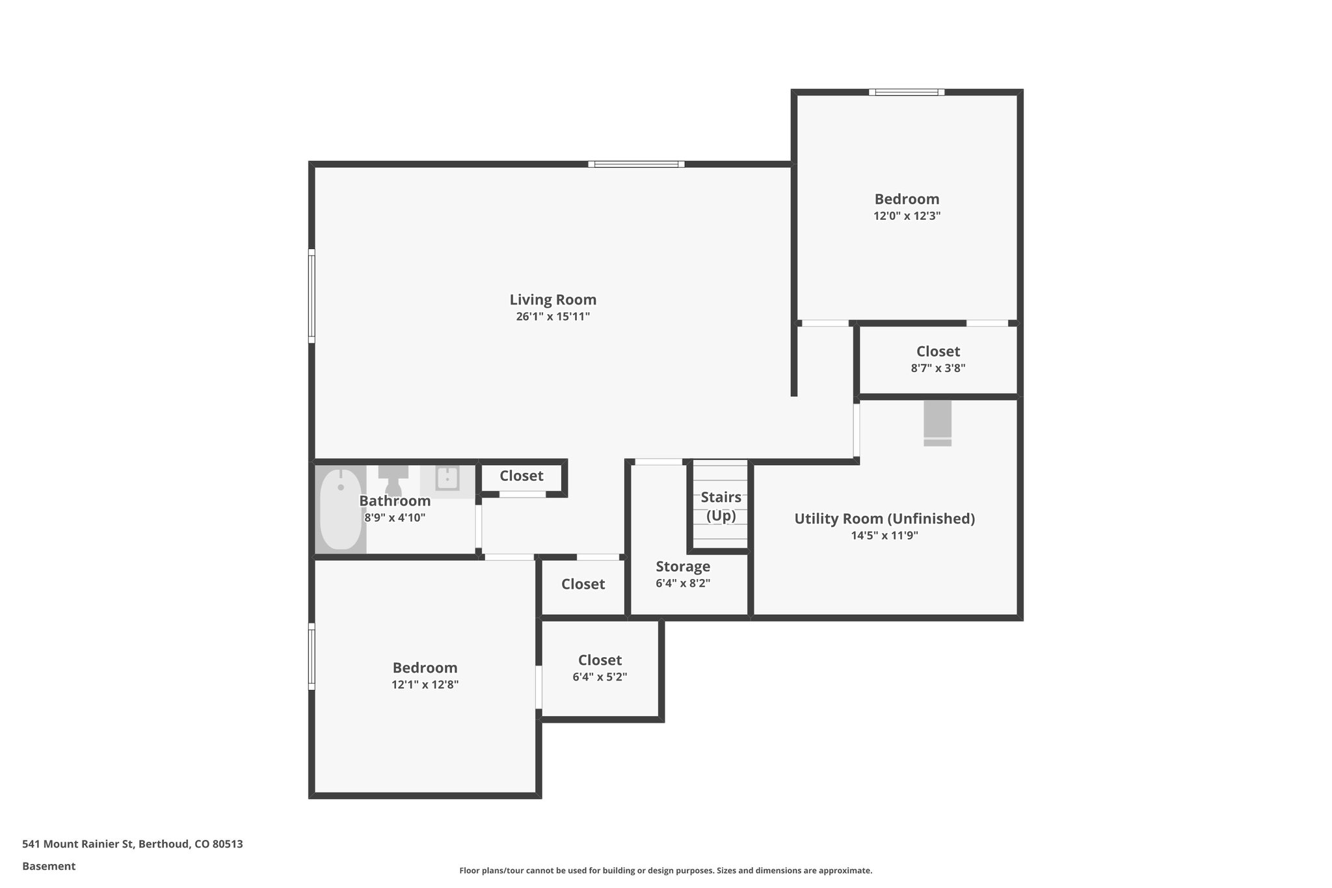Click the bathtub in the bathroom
click(341, 509)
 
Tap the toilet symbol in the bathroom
click(393, 480)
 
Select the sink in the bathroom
click(447, 479)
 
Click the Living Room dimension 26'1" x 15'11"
click(553, 317)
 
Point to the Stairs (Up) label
click(721, 506)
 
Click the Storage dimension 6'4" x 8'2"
click(682, 584)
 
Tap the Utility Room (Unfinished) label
click(884, 518)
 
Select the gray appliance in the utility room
click(937, 422)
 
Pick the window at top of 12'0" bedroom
click(907, 92)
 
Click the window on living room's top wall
click(636, 165)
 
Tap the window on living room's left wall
click(312, 296)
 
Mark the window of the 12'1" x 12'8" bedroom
click(312, 656)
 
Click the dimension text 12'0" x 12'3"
click(907, 216)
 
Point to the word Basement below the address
click(49, 866)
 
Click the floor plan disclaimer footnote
click(665, 870)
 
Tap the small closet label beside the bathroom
click(521, 476)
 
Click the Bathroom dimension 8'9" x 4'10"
click(394, 518)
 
